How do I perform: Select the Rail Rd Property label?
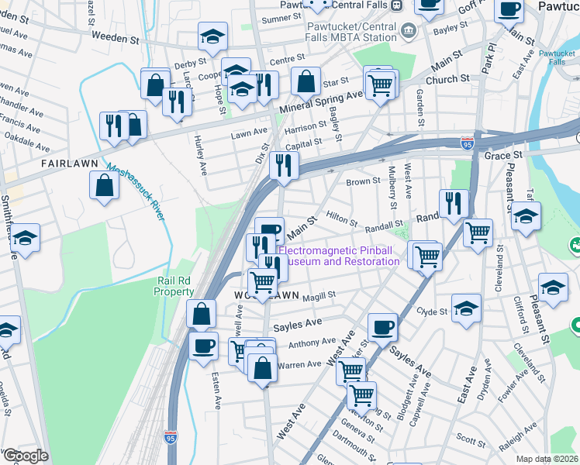[174, 286]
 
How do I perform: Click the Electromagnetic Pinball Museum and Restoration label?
[339, 256]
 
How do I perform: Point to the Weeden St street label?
[118, 36]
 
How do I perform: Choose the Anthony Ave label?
[312, 342]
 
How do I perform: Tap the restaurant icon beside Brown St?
[284, 165]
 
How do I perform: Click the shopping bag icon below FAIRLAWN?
[105, 186]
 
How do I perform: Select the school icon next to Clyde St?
[466, 308]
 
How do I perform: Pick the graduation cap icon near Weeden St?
[210, 36]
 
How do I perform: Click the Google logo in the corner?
[25, 456]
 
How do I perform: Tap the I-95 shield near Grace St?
[467, 143]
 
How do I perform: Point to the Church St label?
[451, 78]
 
